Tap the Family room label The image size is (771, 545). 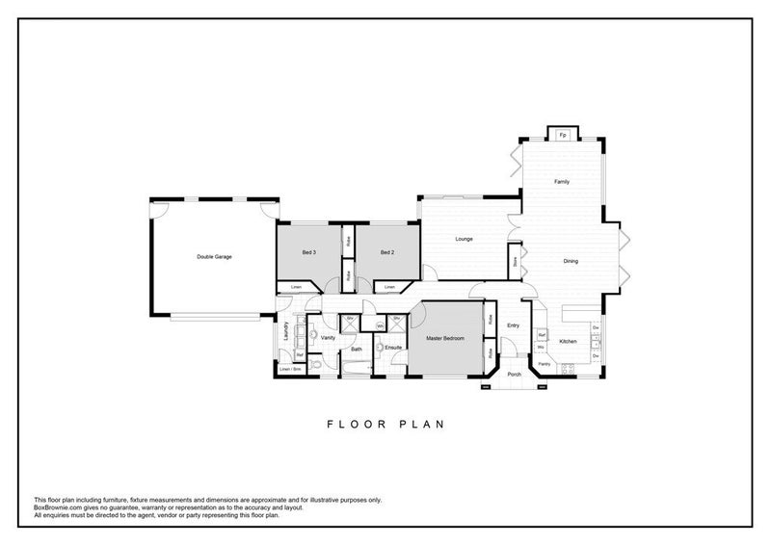point(561,181)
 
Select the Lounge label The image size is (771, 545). point(464,239)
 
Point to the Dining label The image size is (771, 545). point(571,261)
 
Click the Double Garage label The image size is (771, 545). point(214,256)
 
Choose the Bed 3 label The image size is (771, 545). point(308,252)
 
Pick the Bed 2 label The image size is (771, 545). point(386,252)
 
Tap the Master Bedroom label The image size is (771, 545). point(444,340)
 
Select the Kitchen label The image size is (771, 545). point(568,342)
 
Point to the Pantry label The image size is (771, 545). point(545,364)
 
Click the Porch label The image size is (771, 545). point(514,375)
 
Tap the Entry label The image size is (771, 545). point(513,325)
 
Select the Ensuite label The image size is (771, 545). point(393,347)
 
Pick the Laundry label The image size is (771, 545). point(286,330)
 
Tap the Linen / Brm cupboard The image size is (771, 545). point(289,370)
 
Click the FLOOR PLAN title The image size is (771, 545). point(385,423)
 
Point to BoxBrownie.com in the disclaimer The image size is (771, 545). point(60,507)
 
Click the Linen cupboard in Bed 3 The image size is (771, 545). point(297,287)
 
